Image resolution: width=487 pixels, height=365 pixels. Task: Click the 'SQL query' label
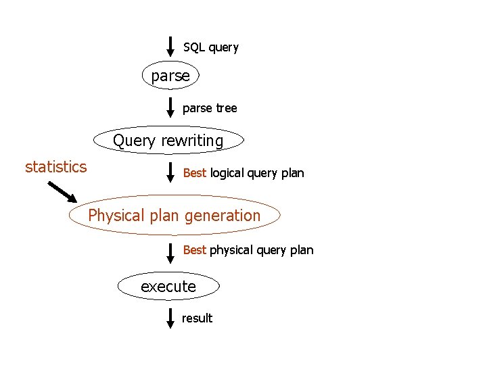point(210,47)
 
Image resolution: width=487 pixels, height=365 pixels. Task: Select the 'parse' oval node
point(170,76)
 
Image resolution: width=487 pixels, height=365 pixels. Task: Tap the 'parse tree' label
point(210,108)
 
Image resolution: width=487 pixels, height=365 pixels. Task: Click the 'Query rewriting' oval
point(168,141)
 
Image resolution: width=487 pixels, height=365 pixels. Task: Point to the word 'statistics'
point(55,167)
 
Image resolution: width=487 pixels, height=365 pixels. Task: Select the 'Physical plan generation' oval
point(175,216)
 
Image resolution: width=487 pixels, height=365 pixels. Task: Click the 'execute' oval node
point(168,287)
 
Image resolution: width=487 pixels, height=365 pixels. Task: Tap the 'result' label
point(197,318)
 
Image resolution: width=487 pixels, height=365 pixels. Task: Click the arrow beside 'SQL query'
point(171,46)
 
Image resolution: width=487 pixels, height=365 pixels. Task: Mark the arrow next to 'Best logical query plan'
point(171,172)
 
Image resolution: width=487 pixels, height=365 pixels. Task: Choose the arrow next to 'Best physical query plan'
point(171,251)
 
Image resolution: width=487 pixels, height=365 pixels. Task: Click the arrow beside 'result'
point(171,318)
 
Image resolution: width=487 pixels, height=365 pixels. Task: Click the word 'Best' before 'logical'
point(194,173)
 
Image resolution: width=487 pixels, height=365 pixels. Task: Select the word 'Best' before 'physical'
point(194,250)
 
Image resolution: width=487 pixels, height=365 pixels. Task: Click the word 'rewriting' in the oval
point(192,141)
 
